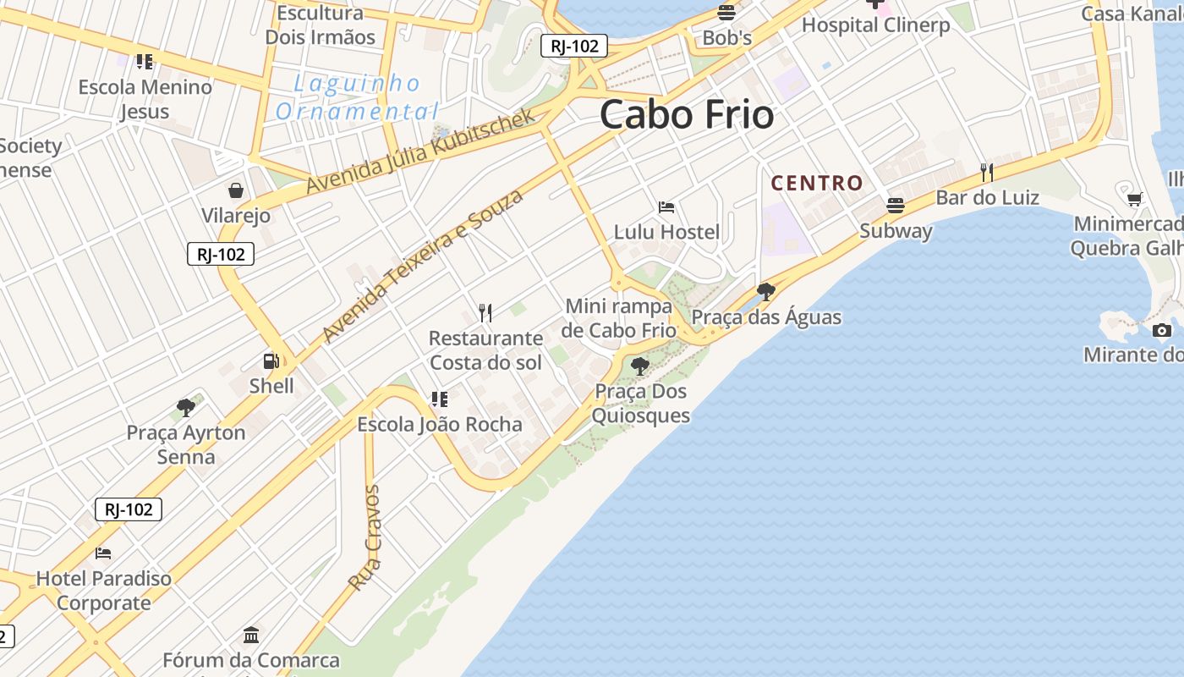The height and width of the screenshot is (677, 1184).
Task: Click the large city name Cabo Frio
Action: pos(687,115)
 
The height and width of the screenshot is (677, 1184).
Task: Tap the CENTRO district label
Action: pos(817,183)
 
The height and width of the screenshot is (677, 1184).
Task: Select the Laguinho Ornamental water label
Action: pos(357,97)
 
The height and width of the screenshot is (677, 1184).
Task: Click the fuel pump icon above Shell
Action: pos(271,361)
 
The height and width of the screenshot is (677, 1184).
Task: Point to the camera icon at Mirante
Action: pos(1162,330)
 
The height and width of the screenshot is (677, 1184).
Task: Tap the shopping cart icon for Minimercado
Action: pos(1134,199)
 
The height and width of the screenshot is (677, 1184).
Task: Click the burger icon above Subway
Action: pos(895,206)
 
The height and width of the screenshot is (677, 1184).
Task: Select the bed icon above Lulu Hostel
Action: pos(666,207)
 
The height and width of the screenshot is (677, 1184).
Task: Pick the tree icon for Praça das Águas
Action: pos(766,292)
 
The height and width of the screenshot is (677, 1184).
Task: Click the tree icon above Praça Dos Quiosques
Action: pos(640,366)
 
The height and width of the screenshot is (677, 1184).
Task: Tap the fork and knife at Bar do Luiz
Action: pos(986,173)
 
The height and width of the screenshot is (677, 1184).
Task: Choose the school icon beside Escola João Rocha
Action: pos(439,399)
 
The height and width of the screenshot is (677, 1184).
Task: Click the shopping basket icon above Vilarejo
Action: pos(236,190)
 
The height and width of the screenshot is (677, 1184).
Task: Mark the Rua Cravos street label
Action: pos(365,537)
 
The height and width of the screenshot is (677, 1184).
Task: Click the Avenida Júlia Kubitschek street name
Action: pos(420,151)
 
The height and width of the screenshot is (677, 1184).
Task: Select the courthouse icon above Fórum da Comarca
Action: pos(251,635)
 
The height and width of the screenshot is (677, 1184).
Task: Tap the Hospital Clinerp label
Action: pos(875,25)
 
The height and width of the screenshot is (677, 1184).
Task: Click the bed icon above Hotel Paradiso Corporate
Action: pos(103,553)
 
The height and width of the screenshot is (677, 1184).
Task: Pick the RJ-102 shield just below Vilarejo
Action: pos(221,254)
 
